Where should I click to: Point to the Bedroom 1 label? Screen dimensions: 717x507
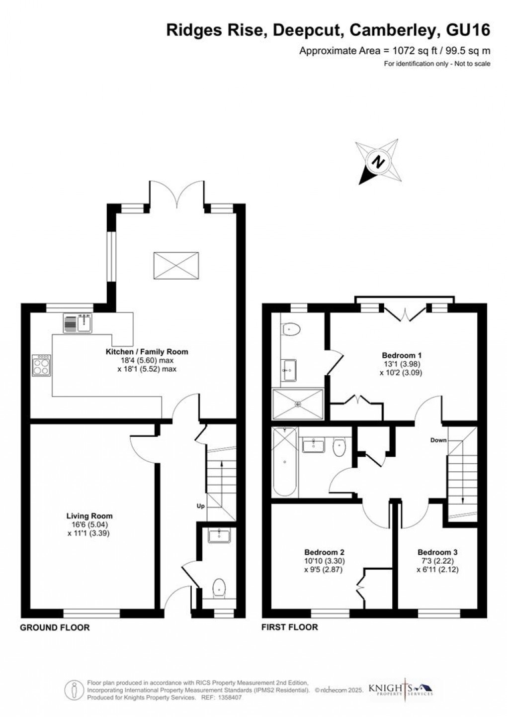[x=402, y=355]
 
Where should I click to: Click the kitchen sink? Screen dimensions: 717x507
[x=78, y=323]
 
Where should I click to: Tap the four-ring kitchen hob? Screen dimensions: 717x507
[x=41, y=366]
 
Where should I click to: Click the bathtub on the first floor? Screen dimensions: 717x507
[x=284, y=461]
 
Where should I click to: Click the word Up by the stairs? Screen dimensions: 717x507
[x=200, y=506]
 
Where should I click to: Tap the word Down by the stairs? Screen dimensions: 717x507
[x=438, y=440]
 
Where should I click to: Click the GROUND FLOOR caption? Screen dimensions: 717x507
[x=55, y=627]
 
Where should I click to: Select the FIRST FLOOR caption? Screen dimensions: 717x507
[x=290, y=627]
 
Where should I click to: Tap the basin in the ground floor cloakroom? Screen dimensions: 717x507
[x=219, y=535]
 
